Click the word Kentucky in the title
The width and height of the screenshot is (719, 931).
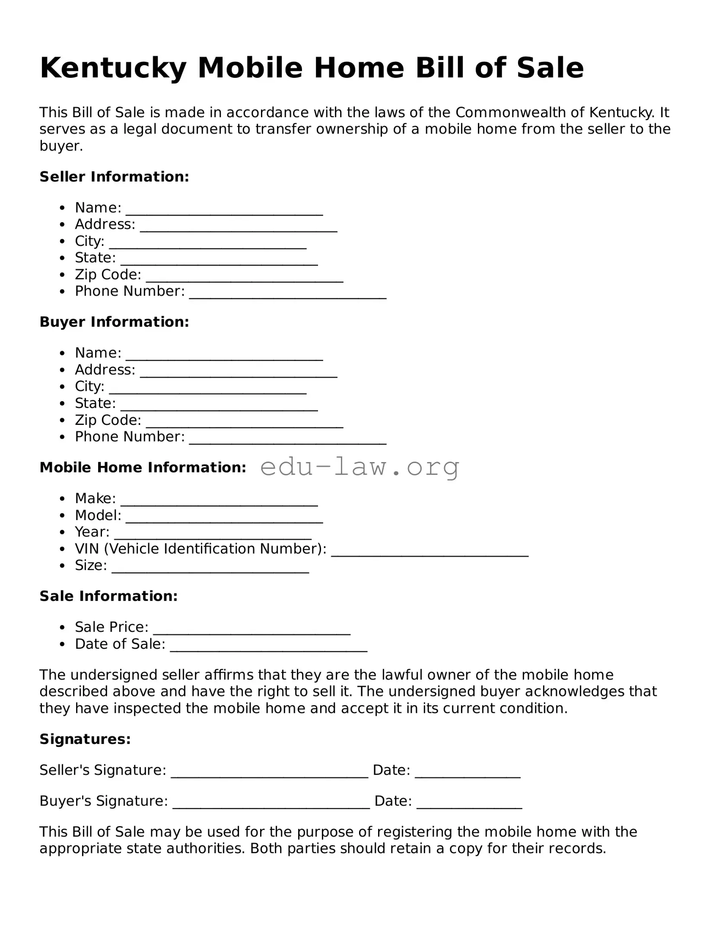pos(113,68)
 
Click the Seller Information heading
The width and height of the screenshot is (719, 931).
pos(114,177)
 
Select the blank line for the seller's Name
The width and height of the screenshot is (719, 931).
pos(224,212)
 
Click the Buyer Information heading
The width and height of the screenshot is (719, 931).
pos(114,322)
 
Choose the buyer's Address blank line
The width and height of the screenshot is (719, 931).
pos(239,374)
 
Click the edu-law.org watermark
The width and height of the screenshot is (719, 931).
pos(359,467)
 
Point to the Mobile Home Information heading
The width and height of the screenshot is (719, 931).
pos(143,467)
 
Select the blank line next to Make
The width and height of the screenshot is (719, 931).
pos(219,503)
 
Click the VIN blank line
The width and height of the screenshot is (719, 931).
pos(430,553)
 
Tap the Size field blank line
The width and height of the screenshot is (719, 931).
pos(210,570)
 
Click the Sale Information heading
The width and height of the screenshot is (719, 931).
pos(108,596)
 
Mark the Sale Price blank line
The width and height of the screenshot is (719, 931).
pos(251,631)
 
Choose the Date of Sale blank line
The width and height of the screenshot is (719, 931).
pos(268,648)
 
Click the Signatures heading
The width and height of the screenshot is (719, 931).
pos(85,739)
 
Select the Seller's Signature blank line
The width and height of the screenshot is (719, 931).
pos(269,774)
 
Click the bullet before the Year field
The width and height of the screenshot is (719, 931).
pos(63,532)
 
